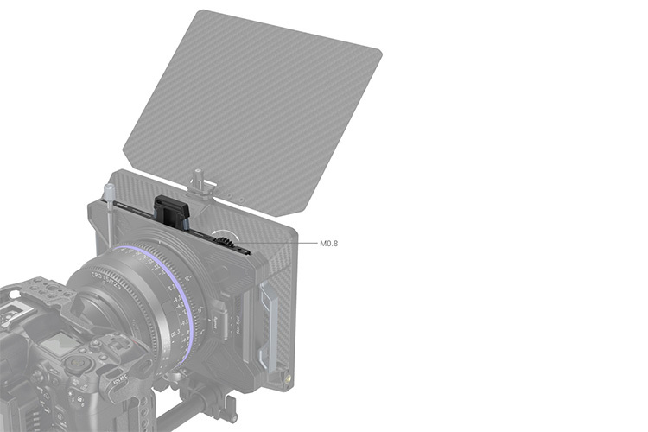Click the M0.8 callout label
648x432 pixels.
point(328,244)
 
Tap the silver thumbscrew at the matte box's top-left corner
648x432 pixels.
point(108,192)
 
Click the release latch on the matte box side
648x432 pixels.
point(220,324)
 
